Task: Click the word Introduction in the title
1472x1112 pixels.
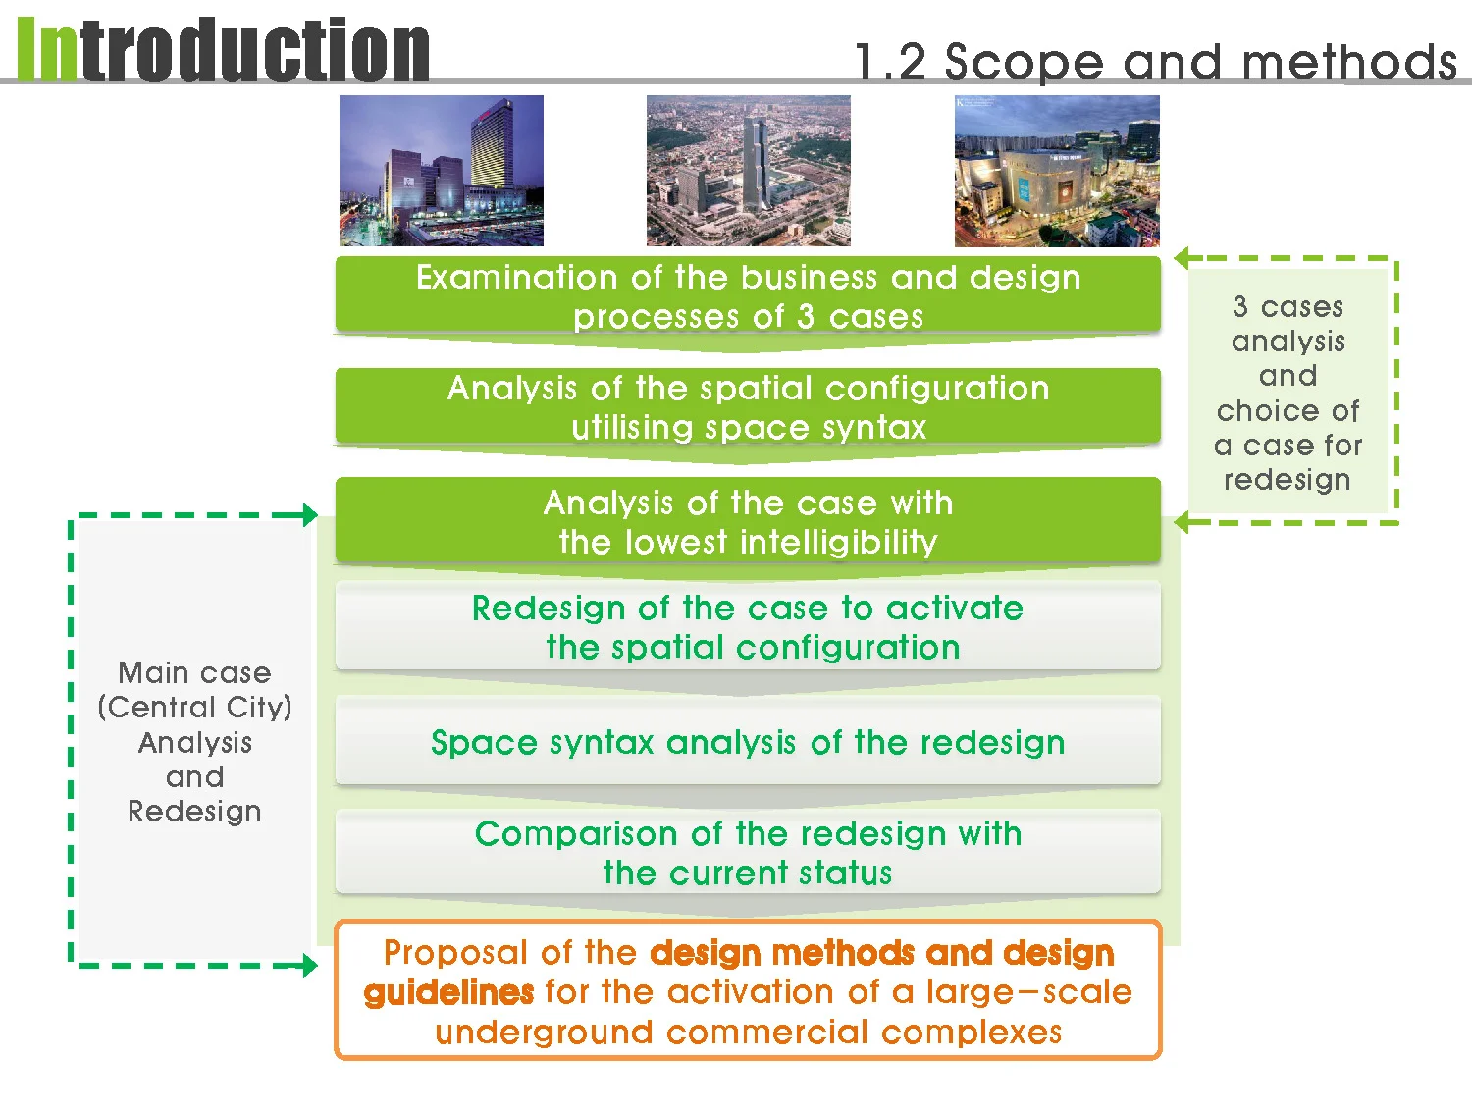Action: pyautogui.click(x=224, y=51)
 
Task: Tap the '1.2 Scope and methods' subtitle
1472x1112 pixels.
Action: pyautogui.click(x=1155, y=62)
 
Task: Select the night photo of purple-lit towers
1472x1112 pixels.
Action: pyautogui.click(x=442, y=171)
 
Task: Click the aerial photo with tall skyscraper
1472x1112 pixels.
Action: pyautogui.click(x=748, y=171)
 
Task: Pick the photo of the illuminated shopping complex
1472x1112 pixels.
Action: pyautogui.click(x=1057, y=171)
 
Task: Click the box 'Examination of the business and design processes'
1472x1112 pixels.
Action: pyautogui.click(x=748, y=295)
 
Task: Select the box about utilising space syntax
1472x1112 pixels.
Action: pyautogui.click(x=748, y=406)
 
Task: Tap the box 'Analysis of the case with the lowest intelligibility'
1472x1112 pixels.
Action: pyautogui.click(x=748, y=521)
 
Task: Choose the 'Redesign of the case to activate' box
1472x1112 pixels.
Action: pyautogui.click(x=748, y=626)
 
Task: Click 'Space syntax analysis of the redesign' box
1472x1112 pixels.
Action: pyautogui.click(x=748, y=741)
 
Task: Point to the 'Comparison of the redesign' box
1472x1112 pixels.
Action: pyautogui.click(x=748, y=852)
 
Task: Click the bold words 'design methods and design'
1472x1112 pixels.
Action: pyautogui.click(x=881, y=952)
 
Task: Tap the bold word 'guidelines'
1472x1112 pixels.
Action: pyautogui.click(x=448, y=992)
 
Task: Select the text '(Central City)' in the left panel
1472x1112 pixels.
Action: pyautogui.click(x=194, y=707)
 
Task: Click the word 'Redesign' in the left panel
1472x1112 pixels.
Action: pyautogui.click(x=194, y=811)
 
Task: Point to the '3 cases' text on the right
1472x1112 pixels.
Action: pyautogui.click(x=1288, y=306)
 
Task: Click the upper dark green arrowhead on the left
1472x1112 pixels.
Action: pyautogui.click(x=310, y=514)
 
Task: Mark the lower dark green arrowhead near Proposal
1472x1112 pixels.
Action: pyautogui.click(x=310, y=966)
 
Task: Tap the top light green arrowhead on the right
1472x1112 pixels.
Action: pyautogui.click(x=1182, y=258)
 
